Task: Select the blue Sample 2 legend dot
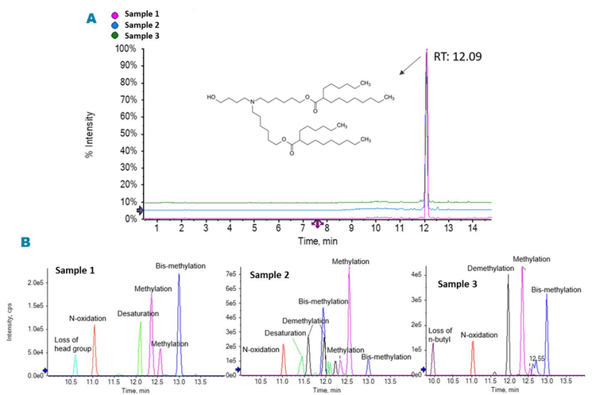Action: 115,25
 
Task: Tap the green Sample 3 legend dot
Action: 115,36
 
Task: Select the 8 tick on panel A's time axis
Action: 327,229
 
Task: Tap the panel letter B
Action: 27,240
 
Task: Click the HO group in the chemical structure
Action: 211,99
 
